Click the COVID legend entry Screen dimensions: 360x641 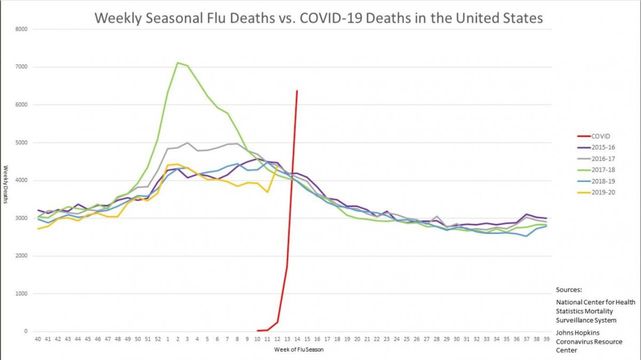600,136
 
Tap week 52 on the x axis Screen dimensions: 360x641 158,339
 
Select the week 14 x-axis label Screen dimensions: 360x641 297,339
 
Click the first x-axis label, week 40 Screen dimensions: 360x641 37,339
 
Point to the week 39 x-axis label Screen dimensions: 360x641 546,339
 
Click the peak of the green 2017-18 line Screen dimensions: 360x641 177,62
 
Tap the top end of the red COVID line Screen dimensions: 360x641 297,91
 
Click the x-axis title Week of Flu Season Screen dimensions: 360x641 299,350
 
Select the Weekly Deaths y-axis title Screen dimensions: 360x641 5,181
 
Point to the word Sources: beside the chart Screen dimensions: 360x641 569,289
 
